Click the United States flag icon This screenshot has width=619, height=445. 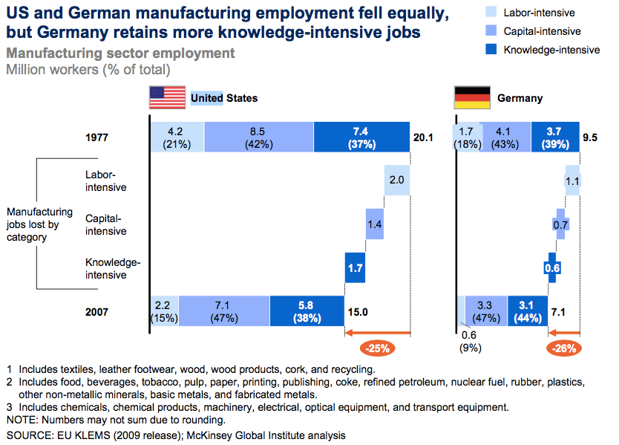[x=167, y=98]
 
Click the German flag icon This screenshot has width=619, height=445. [x=472, y=98]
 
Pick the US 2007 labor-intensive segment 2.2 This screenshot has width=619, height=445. [x=164, y=311]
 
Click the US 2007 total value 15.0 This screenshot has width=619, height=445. [x=359, y=311]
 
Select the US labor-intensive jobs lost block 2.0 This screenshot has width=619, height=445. [x=397, y=181]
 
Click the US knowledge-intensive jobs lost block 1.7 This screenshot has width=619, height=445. [x=355, y=267]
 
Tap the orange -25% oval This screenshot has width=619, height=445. [x=377, y=347]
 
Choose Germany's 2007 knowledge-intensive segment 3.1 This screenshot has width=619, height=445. [x=527, y=311]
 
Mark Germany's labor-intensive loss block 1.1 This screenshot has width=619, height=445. [x=572, y=181]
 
